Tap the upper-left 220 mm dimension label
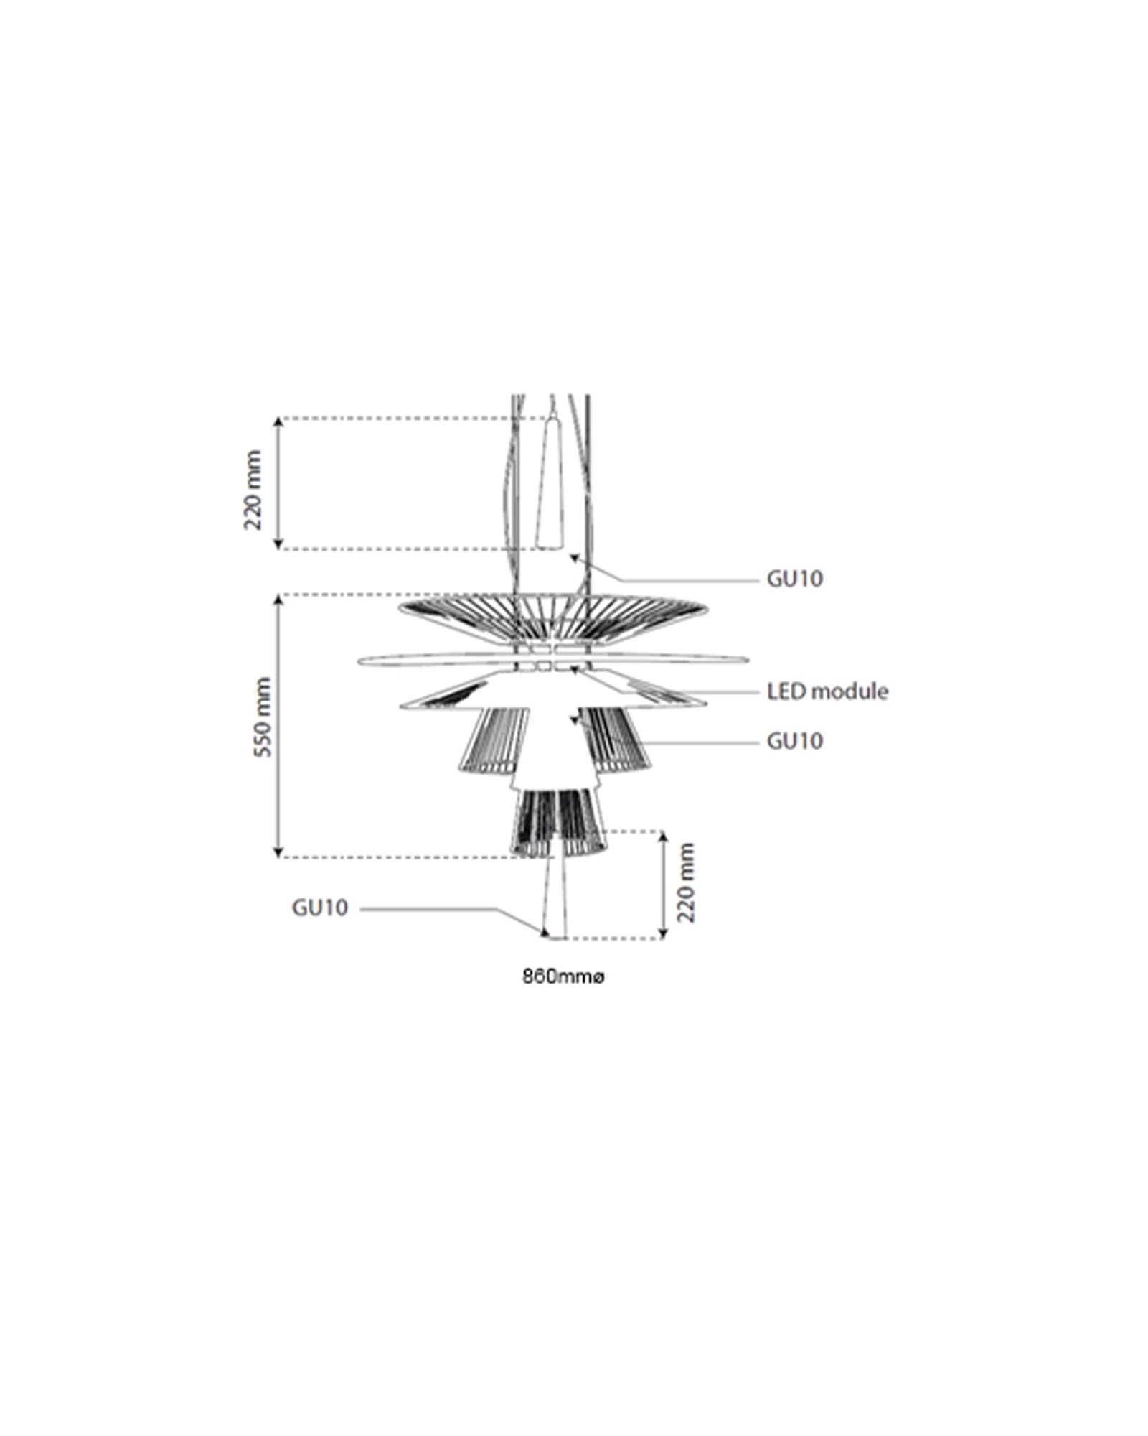tap(253, 490)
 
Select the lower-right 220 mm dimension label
tap(686, 883)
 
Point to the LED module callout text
tap(827, 691)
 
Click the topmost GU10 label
tap(794, 579)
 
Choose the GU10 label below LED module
tap(794, 741)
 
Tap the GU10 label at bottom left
tap(319, 908)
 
